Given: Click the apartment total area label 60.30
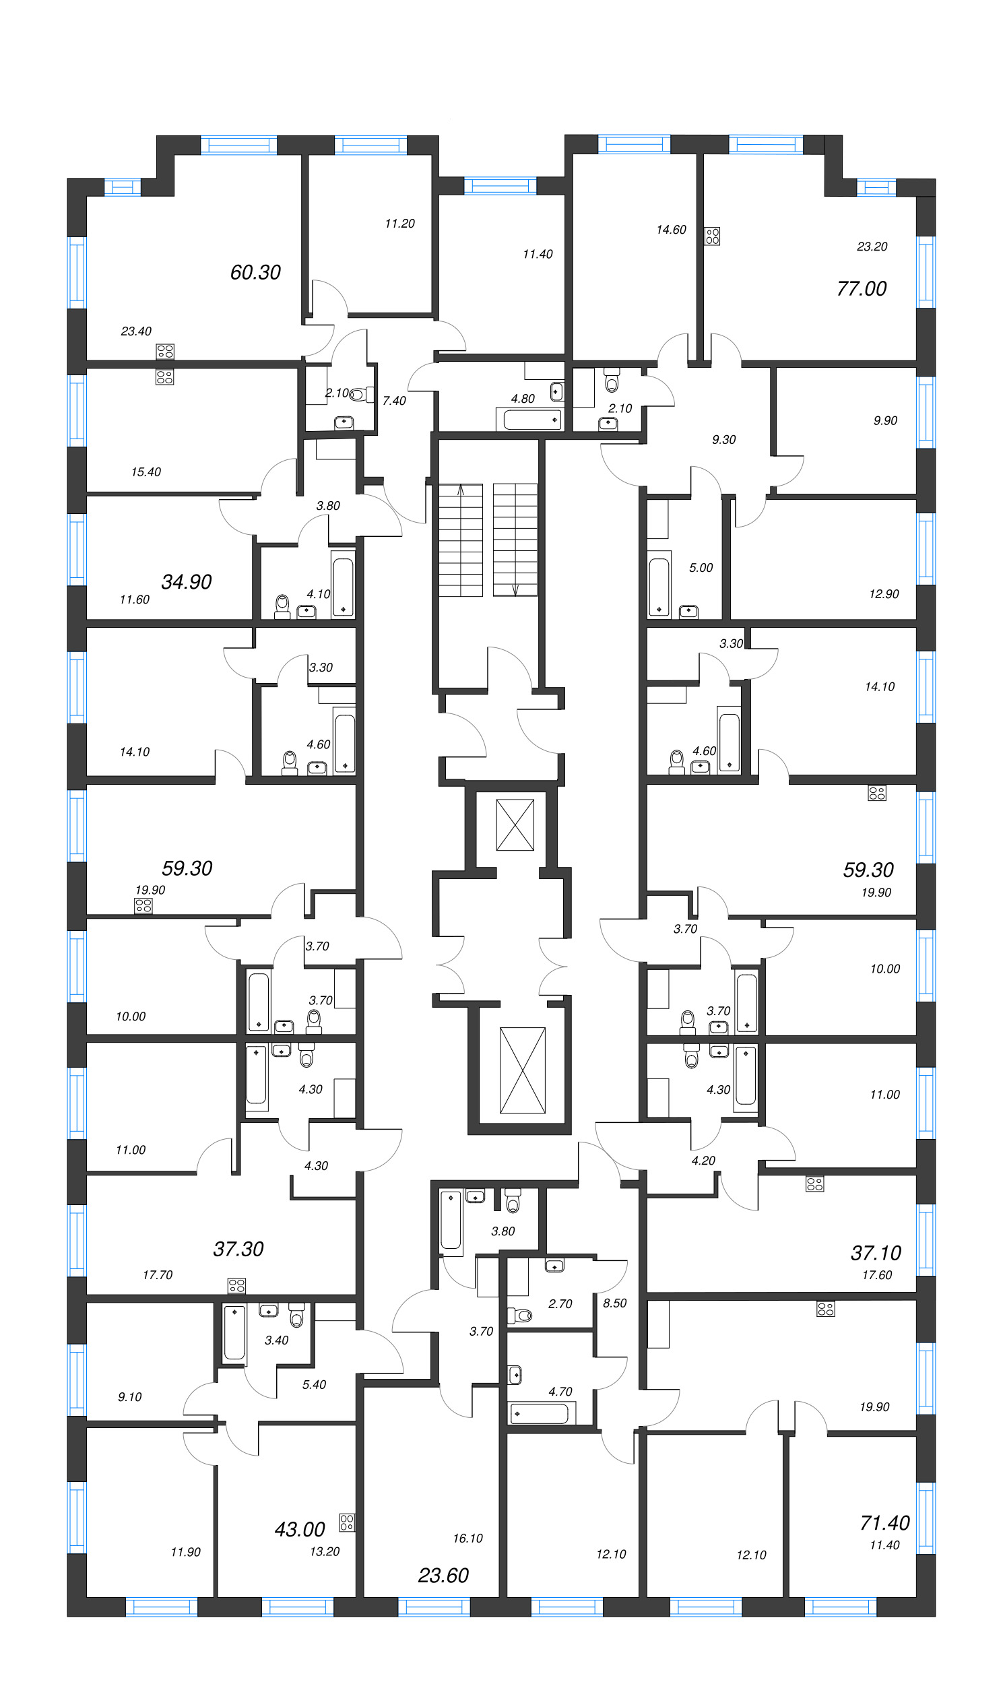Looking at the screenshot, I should pyautogui.click(x=255, y=272).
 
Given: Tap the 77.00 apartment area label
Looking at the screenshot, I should pyautogui.click(x=861, y=289).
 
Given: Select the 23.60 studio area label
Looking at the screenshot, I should pyautogui.click(x=443, y=1575).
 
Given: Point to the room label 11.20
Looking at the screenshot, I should pyautogui.click(x=399, y=224).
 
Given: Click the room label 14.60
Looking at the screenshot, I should pyautogui.click(x=671, y=230).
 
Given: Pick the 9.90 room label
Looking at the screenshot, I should pyautogui.click(x=884, y=420).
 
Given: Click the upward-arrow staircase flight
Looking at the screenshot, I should pyautogui.click(x=461, y=540).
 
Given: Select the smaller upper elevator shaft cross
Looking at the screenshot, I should pyautogui.click(x=515, y=824).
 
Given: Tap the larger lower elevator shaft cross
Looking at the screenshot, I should pyautogui.click(x=523, y=1070).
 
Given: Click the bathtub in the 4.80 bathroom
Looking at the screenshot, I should pyautogui.click(x=532, y=420).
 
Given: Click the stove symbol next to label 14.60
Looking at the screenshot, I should pyautogui.click(x=713, y=236).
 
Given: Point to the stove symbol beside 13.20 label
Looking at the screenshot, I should pyautogui.click(x=347, y=1522).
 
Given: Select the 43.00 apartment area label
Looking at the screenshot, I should pyautogui.click(x=299, y=1528).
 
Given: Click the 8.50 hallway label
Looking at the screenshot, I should pyautogui.click(x=614, y=1303).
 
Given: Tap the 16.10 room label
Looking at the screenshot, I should pyautogui.click(x=467, y=1538).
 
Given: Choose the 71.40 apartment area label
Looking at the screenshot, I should pyautogui.click(x=884, y=1522).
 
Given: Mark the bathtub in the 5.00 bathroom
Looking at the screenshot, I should pyautogui.click(x=659, y=585).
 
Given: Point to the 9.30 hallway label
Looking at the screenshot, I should pyautogui.click(x=723, y=440).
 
